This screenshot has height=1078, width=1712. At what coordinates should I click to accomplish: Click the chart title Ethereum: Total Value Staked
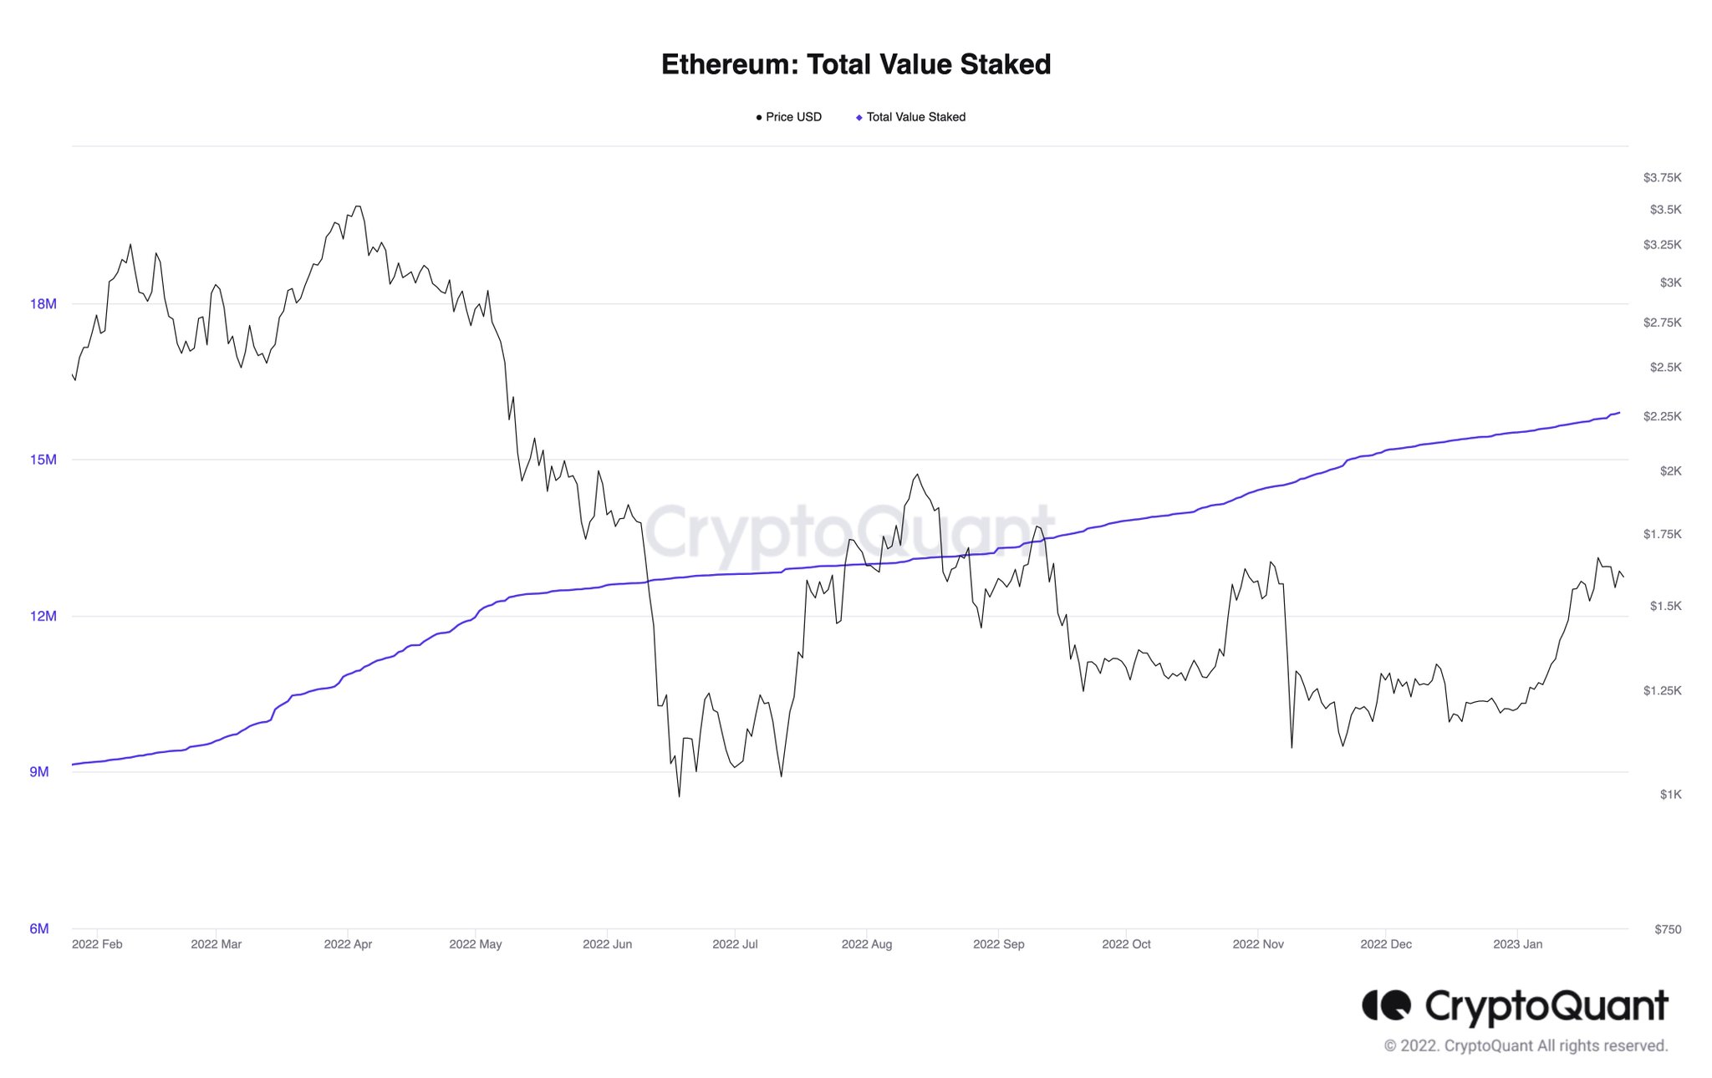[x=855, y=64]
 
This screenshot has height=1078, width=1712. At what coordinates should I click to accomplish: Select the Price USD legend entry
[x=789, y=117]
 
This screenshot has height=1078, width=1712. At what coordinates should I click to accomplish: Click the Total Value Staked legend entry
[x=911, y=117]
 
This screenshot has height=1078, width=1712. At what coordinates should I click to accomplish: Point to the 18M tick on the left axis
[x=43, y=303]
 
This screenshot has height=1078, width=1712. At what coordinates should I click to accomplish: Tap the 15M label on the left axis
[x=43, y=460]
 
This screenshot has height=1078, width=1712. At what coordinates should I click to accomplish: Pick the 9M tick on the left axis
[x=39, y=771]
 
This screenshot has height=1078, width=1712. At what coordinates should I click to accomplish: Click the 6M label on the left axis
[x=39, y=928]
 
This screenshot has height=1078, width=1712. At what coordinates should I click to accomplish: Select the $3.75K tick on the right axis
[x=1662, y=177]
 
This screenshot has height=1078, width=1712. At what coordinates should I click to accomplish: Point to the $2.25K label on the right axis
[x=1662, y=416]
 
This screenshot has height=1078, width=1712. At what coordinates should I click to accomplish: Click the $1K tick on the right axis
[x=1670, y=794]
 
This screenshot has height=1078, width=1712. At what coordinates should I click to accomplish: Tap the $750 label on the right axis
[x=1668, y=928]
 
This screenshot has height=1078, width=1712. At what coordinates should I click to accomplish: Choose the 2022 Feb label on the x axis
[x=97, y=944]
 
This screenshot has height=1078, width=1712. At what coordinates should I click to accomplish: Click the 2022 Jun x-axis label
[x=607, y=944]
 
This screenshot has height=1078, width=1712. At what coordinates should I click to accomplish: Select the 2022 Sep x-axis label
[x=998, y=944]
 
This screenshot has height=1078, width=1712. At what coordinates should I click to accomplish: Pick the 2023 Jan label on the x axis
[x=1517, y=944]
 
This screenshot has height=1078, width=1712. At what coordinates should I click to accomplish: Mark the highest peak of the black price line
[x=358, y=206]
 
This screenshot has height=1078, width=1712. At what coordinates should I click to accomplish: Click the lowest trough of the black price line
[x=679, y=796]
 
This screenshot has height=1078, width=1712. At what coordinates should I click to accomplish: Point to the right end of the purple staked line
[x=1619, y=413]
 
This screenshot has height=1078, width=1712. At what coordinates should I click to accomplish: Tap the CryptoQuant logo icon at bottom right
[x=1386, y=1005]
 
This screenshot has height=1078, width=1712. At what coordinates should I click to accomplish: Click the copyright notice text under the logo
[x=1526, y=1045]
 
